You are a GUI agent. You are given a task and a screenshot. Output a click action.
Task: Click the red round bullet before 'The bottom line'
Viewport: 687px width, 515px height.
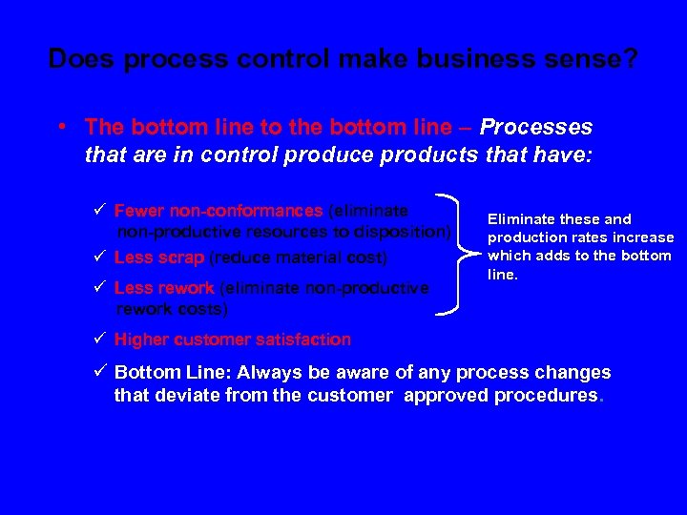[61, 127]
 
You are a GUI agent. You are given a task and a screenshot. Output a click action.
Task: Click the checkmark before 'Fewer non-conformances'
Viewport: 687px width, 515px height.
[100, 211]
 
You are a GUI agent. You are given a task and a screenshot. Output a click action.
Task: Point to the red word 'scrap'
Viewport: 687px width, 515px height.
[180, 257]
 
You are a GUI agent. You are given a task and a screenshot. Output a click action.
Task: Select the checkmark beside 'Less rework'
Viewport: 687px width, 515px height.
[100, 287]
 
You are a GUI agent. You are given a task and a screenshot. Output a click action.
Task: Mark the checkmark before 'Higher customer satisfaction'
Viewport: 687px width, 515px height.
[100, 340]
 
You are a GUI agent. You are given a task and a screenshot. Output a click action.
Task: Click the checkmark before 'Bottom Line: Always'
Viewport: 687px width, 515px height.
[100, 373]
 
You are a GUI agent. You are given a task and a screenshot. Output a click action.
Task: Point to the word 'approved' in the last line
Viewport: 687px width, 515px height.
[445, 396]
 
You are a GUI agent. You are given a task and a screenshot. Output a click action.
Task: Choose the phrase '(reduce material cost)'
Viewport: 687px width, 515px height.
[298, 257]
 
